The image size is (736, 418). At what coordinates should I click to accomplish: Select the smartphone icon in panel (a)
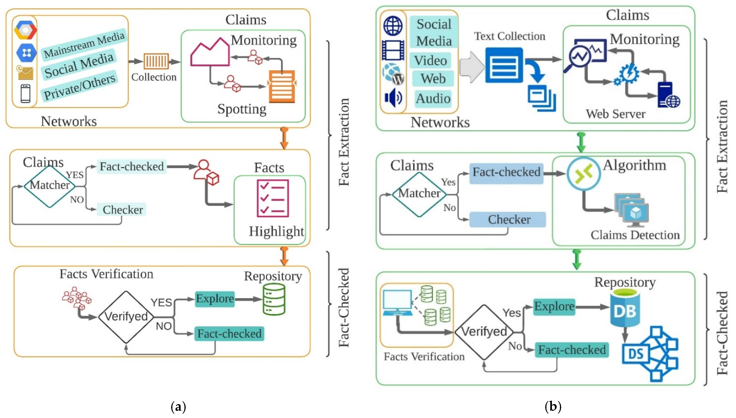[26, 93]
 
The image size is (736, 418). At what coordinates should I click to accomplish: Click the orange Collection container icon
[156, 61]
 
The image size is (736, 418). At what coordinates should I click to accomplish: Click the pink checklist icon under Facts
[272, 198]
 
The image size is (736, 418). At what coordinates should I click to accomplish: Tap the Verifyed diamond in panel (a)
[126, 317]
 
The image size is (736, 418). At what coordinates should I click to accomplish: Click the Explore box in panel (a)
[215, 299]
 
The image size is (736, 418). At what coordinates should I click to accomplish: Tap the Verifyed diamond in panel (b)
[484, 332]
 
